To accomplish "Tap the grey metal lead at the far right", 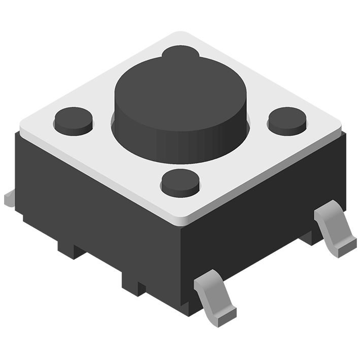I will coord(333,228).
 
